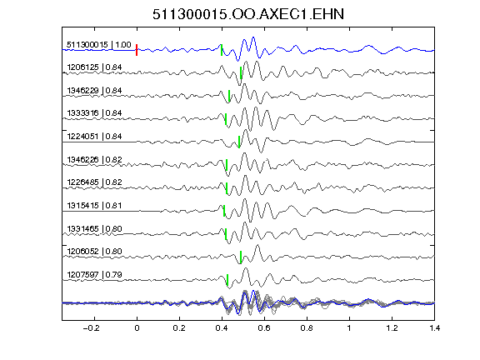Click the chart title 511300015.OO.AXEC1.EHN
coord(248,14)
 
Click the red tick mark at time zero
coord(137,50)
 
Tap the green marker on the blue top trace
coord(222,50)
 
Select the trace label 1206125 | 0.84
coord(94,67)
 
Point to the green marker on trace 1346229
coord(229,96)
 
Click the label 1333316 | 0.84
coord(94,113)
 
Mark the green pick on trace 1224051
coord(239,142)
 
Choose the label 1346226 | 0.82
coord(94,160)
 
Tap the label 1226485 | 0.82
coord(94,182)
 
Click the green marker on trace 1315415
coord(224,211)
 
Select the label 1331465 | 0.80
coord(94,229)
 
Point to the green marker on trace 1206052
coord(241,257)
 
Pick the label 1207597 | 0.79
coord(94,275)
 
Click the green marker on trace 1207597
coord(227,280)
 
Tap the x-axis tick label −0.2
coord(91,328)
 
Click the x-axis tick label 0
coord(137,328)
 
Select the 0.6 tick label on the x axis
coord(264,328)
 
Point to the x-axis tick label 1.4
coord(434,328)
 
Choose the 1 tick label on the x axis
coord(349,328)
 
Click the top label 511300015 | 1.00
coord(99,45)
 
